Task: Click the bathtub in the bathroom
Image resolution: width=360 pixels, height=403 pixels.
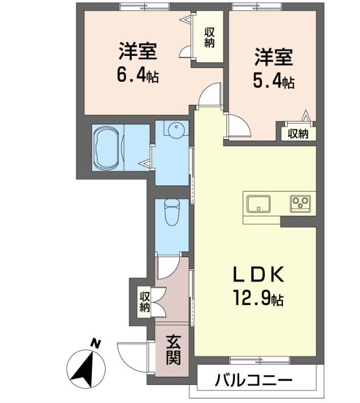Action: [x=108, y=148]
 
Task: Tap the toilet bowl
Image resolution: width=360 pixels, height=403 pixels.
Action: [x=172, y=212]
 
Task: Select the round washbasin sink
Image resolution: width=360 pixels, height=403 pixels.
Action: [x=176, y=129]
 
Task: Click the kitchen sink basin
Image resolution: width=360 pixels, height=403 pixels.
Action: [x=258, y=204]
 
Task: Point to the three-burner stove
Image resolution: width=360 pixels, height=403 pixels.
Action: [x=300, y=203]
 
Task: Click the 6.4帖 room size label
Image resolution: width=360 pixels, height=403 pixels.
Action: [x=137, y=75]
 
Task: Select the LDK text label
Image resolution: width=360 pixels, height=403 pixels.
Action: [x=258, y=275]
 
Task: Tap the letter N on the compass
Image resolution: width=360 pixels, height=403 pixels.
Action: [x=96, y=343]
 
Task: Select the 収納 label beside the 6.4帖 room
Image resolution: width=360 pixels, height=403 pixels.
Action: [x=209, y=38]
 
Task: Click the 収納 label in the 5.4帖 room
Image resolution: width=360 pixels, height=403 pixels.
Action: [x=298, y=133]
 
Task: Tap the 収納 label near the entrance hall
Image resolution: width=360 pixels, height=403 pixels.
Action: [x=144, y=302]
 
